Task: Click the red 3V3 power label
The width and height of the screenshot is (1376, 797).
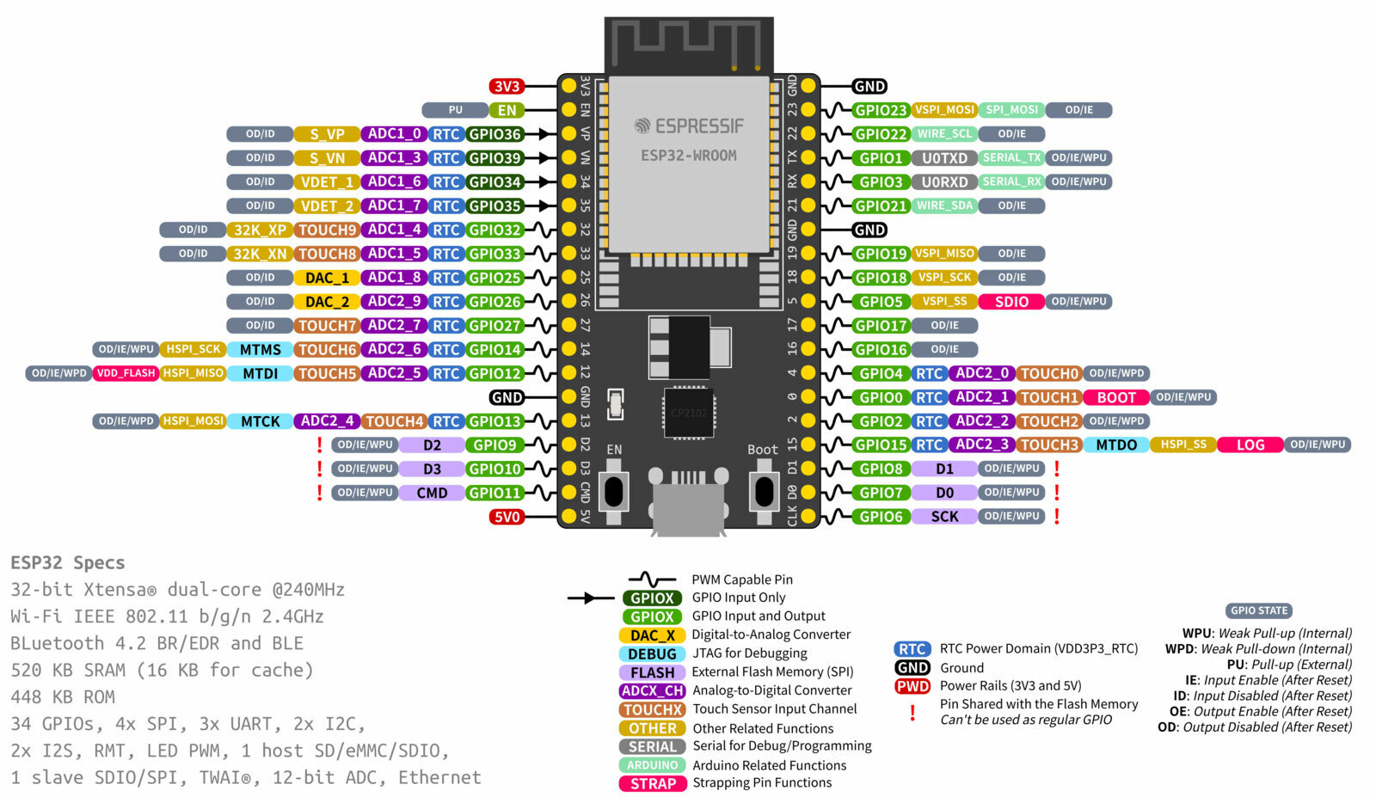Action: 507,86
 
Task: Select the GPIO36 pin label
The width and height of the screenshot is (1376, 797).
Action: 494,134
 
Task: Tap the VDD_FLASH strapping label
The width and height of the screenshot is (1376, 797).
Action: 126,373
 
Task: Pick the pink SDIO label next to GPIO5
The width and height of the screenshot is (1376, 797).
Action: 1011,302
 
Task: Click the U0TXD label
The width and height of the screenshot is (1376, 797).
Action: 944,158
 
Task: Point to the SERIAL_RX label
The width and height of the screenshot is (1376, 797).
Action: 1011,182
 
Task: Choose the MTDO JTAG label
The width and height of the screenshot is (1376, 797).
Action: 1116,445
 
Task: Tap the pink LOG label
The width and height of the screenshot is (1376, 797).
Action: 1250,445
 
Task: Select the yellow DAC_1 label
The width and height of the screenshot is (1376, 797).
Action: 327,278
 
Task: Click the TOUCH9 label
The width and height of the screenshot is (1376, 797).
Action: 327,230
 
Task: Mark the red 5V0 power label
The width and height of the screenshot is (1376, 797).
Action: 507,517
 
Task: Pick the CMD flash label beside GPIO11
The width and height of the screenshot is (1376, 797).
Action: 432,494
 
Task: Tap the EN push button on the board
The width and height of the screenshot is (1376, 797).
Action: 613,491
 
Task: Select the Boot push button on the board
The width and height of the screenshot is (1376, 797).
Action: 764,491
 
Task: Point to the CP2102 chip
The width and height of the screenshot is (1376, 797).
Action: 688,413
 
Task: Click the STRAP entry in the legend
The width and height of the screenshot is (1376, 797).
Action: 653,784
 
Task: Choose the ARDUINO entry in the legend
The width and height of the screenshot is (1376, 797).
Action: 653,765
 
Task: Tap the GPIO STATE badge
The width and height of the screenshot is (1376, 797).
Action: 1259,610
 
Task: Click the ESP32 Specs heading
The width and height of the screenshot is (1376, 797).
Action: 68,563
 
